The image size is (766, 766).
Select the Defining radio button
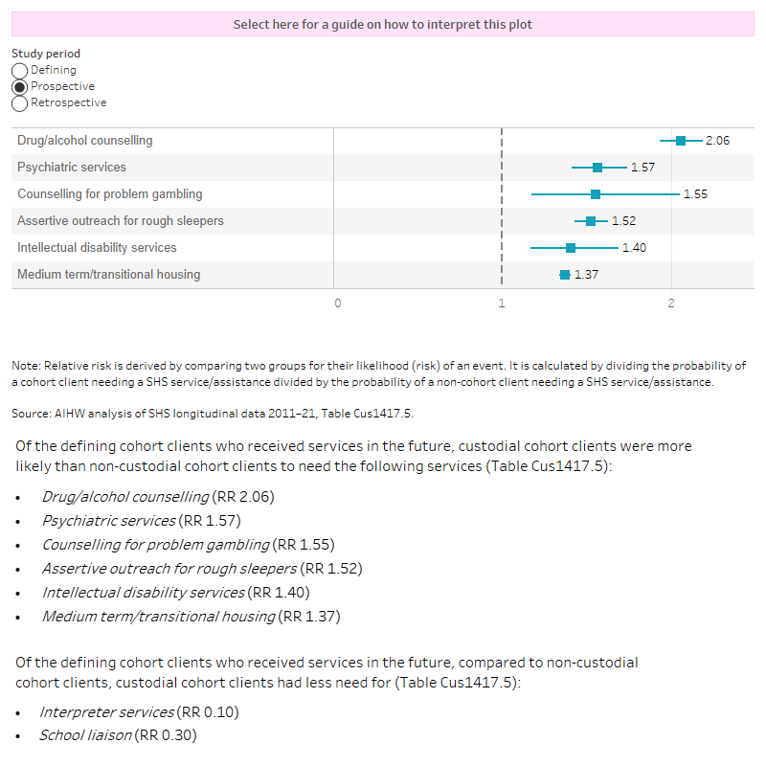(x=19, y=70)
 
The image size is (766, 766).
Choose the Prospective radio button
(x=19, y=86)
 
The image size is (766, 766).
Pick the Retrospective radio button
(x=19, y=102)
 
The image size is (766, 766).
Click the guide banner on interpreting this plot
(x=383, y=25)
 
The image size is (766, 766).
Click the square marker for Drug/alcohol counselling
(x=681, y=141)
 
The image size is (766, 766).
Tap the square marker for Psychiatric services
(x=597, y=168)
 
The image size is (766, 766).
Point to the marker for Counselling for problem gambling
(x=596, y=194)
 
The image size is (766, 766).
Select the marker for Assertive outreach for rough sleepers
(x=591, y=221)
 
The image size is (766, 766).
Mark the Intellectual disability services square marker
(x=571, y=248)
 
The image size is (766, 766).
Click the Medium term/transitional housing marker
(x=565, y=275)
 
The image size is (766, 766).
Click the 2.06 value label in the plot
(x=717, y=141)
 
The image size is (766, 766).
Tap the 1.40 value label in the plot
(x=634, y=248)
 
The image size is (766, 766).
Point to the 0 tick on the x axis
(x=337, y=304)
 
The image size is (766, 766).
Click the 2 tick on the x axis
(x=671, y=304)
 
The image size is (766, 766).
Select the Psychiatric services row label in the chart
(x=72, y=168)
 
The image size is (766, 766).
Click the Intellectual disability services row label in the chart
(x=97, y=248)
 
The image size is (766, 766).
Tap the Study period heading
(x=46, y=54)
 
